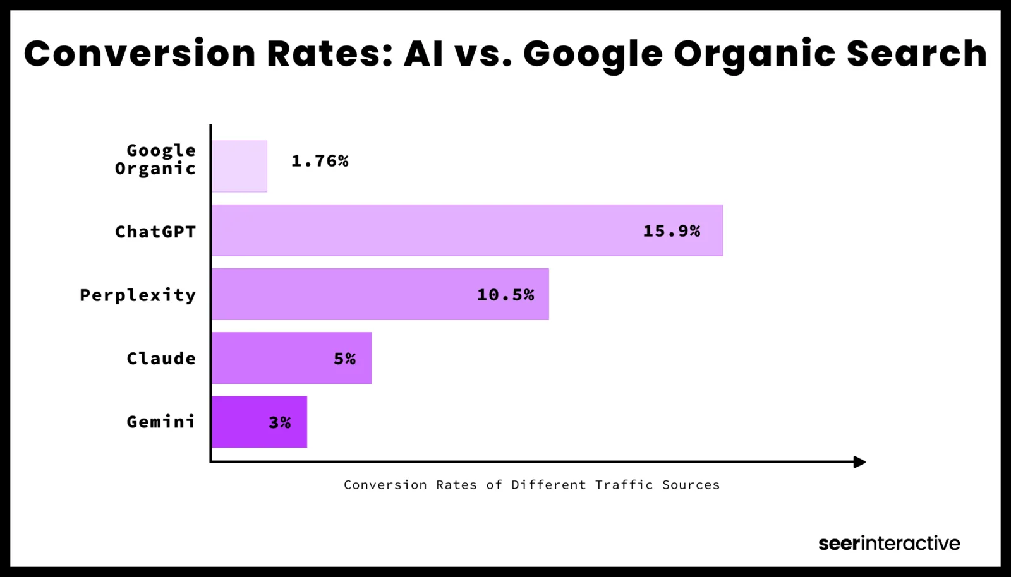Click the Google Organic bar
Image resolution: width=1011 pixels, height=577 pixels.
[x=239, y=166]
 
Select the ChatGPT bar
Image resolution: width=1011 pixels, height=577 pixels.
[x=442, y=230]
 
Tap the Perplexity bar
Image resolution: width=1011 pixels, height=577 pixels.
[x=354, y=294]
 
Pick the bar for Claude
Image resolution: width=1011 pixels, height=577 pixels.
[x=278, y=358]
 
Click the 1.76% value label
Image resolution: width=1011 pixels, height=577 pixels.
[x=320, y=162]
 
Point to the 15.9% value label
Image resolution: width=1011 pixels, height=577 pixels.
[x=672, y=231]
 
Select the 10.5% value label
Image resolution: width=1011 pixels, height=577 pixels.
[x=505, y=295]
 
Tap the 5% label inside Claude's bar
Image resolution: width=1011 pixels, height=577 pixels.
[x=345, y=359]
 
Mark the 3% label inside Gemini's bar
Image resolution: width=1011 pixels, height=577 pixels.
[x=280, y=422]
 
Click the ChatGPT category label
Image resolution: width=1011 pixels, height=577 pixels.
[x=155, y=232]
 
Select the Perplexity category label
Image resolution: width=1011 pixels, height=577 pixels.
[x=138, y=295]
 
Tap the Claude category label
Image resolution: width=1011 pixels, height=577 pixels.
[x=161, y=358]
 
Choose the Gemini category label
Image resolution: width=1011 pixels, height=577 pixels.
[x=161, y=422]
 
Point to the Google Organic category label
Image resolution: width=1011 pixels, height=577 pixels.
[x=155, y=159]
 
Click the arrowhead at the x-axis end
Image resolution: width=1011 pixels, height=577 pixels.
[x=859, y=462]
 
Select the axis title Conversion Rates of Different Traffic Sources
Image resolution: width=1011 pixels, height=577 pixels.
[x=531, y=485]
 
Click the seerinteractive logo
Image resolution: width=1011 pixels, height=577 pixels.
[x=889, y=543]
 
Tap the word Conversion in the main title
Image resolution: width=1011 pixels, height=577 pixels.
[x=140, y=53]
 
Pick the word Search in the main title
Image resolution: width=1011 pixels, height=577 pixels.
[x=916, y=53]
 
